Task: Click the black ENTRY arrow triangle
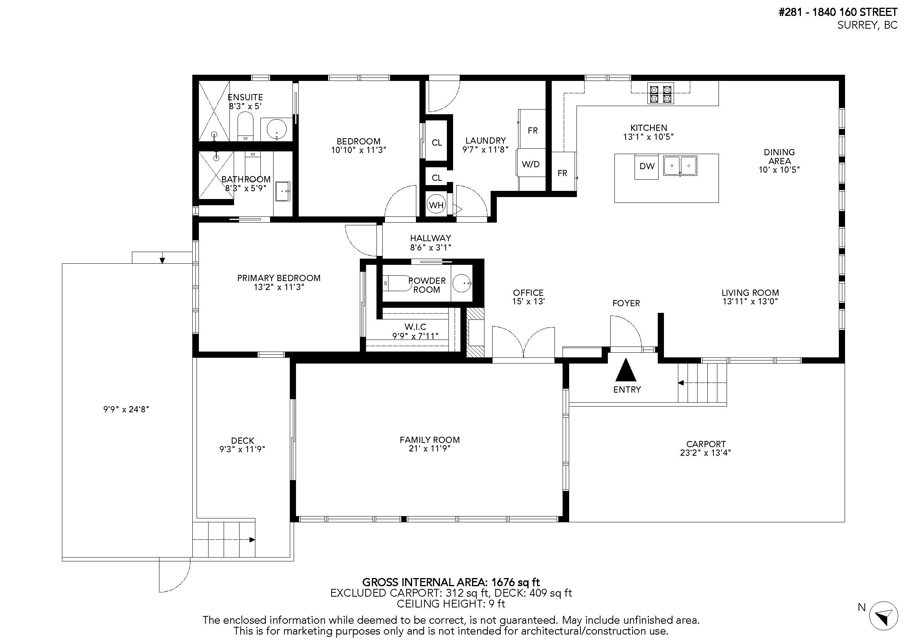pos(626,370)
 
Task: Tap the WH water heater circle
pos(436,205)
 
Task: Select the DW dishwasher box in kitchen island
pos(647,166)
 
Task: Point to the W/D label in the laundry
pos(530,164)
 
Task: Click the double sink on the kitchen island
pos(680,166)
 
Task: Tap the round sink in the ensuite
pos(276,129)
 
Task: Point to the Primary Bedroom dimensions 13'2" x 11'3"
pos(279,287)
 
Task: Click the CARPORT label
pos(706,444)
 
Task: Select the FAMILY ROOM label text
pos(429,440)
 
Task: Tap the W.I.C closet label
pos(415,326)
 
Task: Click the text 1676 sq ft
pos(515,582)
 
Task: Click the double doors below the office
pos(523,343)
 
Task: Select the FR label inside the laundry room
pos(532,130)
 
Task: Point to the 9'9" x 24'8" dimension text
pos(126,409)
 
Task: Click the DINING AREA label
pos(779,156)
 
